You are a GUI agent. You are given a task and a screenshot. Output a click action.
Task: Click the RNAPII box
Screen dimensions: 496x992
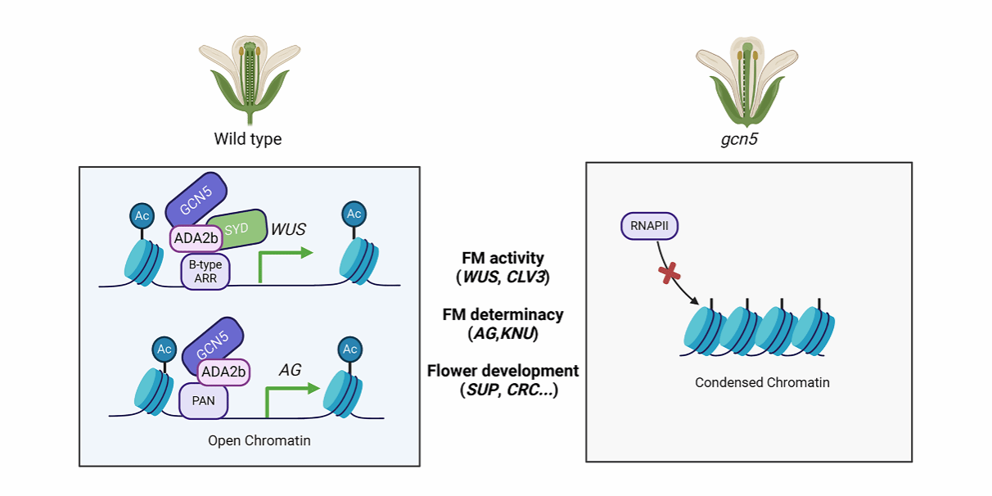[x=649, y=227]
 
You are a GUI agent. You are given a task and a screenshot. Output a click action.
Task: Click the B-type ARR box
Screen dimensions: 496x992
[x=205, y=269]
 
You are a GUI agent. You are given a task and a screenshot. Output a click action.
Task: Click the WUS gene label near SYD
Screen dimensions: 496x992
[x=288, y=229]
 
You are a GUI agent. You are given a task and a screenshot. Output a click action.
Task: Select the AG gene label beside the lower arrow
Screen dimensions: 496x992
[x=291, y=370]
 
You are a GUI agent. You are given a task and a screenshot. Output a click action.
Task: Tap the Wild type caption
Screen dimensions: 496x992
[x=247, y=139]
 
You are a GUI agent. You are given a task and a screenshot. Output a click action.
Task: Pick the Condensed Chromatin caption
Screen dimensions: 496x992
[x=750, y=382]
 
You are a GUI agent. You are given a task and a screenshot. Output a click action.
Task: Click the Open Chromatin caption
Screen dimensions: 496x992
[x=259, y=441]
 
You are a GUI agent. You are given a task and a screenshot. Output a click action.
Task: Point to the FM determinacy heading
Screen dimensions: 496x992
[x=503, y=314]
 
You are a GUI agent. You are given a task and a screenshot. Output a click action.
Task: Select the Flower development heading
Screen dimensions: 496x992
[x=503, y=371]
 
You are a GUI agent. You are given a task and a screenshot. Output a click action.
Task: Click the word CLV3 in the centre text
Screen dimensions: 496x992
[x=527, y=277]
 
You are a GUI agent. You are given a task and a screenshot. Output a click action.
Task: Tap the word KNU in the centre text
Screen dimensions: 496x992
[x=521, y=333]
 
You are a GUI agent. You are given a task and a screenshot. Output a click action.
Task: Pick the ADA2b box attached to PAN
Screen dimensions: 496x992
[x=222, y=371]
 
